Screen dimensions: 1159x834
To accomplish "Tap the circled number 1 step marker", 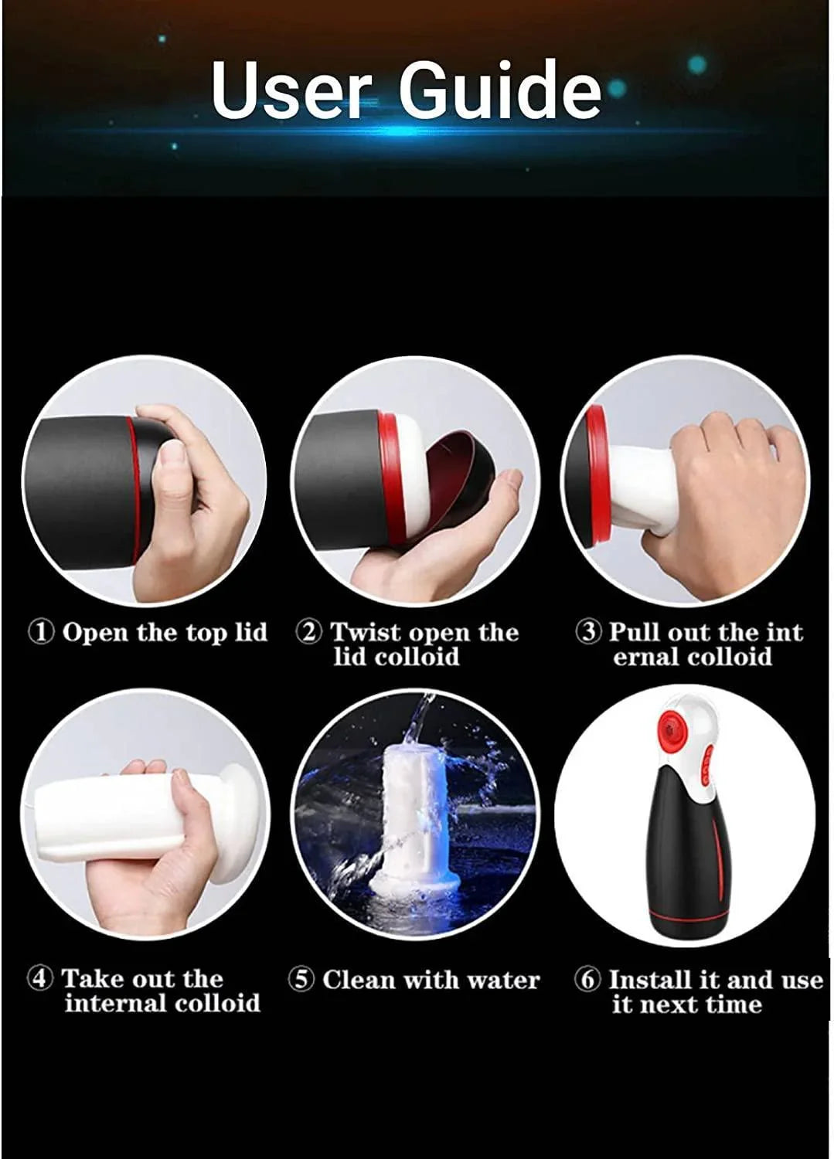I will [42, 633].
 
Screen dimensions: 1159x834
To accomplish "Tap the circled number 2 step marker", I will [309, 633].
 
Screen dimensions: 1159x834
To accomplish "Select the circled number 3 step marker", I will [588, 632].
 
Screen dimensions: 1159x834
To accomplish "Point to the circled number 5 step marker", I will [301, 980].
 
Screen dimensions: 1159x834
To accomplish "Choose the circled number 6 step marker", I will [587, 980].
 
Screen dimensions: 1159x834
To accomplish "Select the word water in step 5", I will [503, 980].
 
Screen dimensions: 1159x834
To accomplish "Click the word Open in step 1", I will [95, 633].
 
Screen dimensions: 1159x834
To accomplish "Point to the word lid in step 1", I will [250, 633].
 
